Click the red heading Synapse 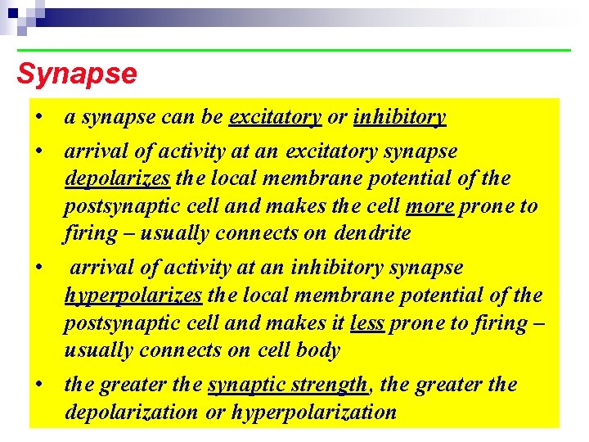pyautogui.click(x=77, y=74)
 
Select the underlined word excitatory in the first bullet pyautogui.click(x=275, y=117)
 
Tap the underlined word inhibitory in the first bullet pyautogui.click(x=399, y=117)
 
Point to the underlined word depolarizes pyautogui.click(x=117, y=178)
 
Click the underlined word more pyautogui.click(x=429, y=205)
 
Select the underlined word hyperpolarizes pyautogui.click(x=133, y=295)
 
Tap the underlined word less pyautogui.click(x=366, y=322)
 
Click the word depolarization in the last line pyautogui.click(x=131, y=412)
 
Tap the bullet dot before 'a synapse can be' pyautogui.click(x=39, y=117)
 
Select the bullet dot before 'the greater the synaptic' pyautogui.click(x=39, y=384)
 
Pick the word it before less pyautogui.click(x=336, y=322)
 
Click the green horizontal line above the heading pyautogui.click(x=294, y=51)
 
